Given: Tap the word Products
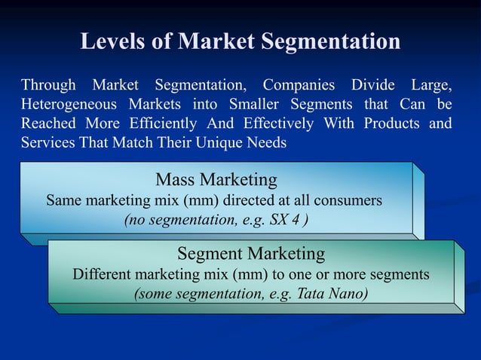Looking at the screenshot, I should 391,123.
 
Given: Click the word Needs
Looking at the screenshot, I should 268,142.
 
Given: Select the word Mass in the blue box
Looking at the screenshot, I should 176,181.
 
